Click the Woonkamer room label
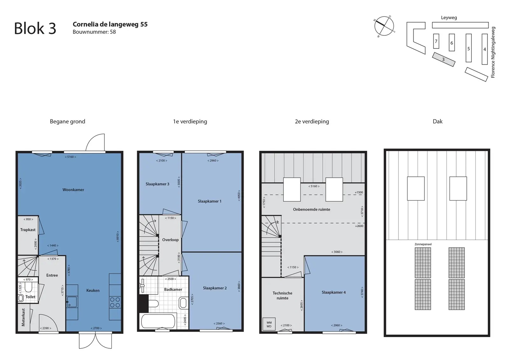coord(73,190)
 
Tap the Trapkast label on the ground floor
coord(28,230)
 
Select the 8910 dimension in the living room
coord(118,236)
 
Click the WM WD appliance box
coord(269,324)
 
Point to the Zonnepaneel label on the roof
coord(423,244)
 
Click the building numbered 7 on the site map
coord(436,41)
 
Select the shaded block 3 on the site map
coord(443,59)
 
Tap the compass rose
coord(384,26)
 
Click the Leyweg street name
coord(449,17)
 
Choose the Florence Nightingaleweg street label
coord(493,52)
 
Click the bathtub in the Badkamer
coord(158,321)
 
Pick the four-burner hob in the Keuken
coord(115,302)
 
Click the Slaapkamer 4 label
coord(334,292)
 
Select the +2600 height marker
coord(359,226)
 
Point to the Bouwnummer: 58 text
coord(94,32)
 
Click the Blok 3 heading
coord(35,28)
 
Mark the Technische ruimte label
coord(282,295)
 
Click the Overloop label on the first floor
coord(170,239)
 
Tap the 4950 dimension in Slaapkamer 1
coord(239,196)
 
